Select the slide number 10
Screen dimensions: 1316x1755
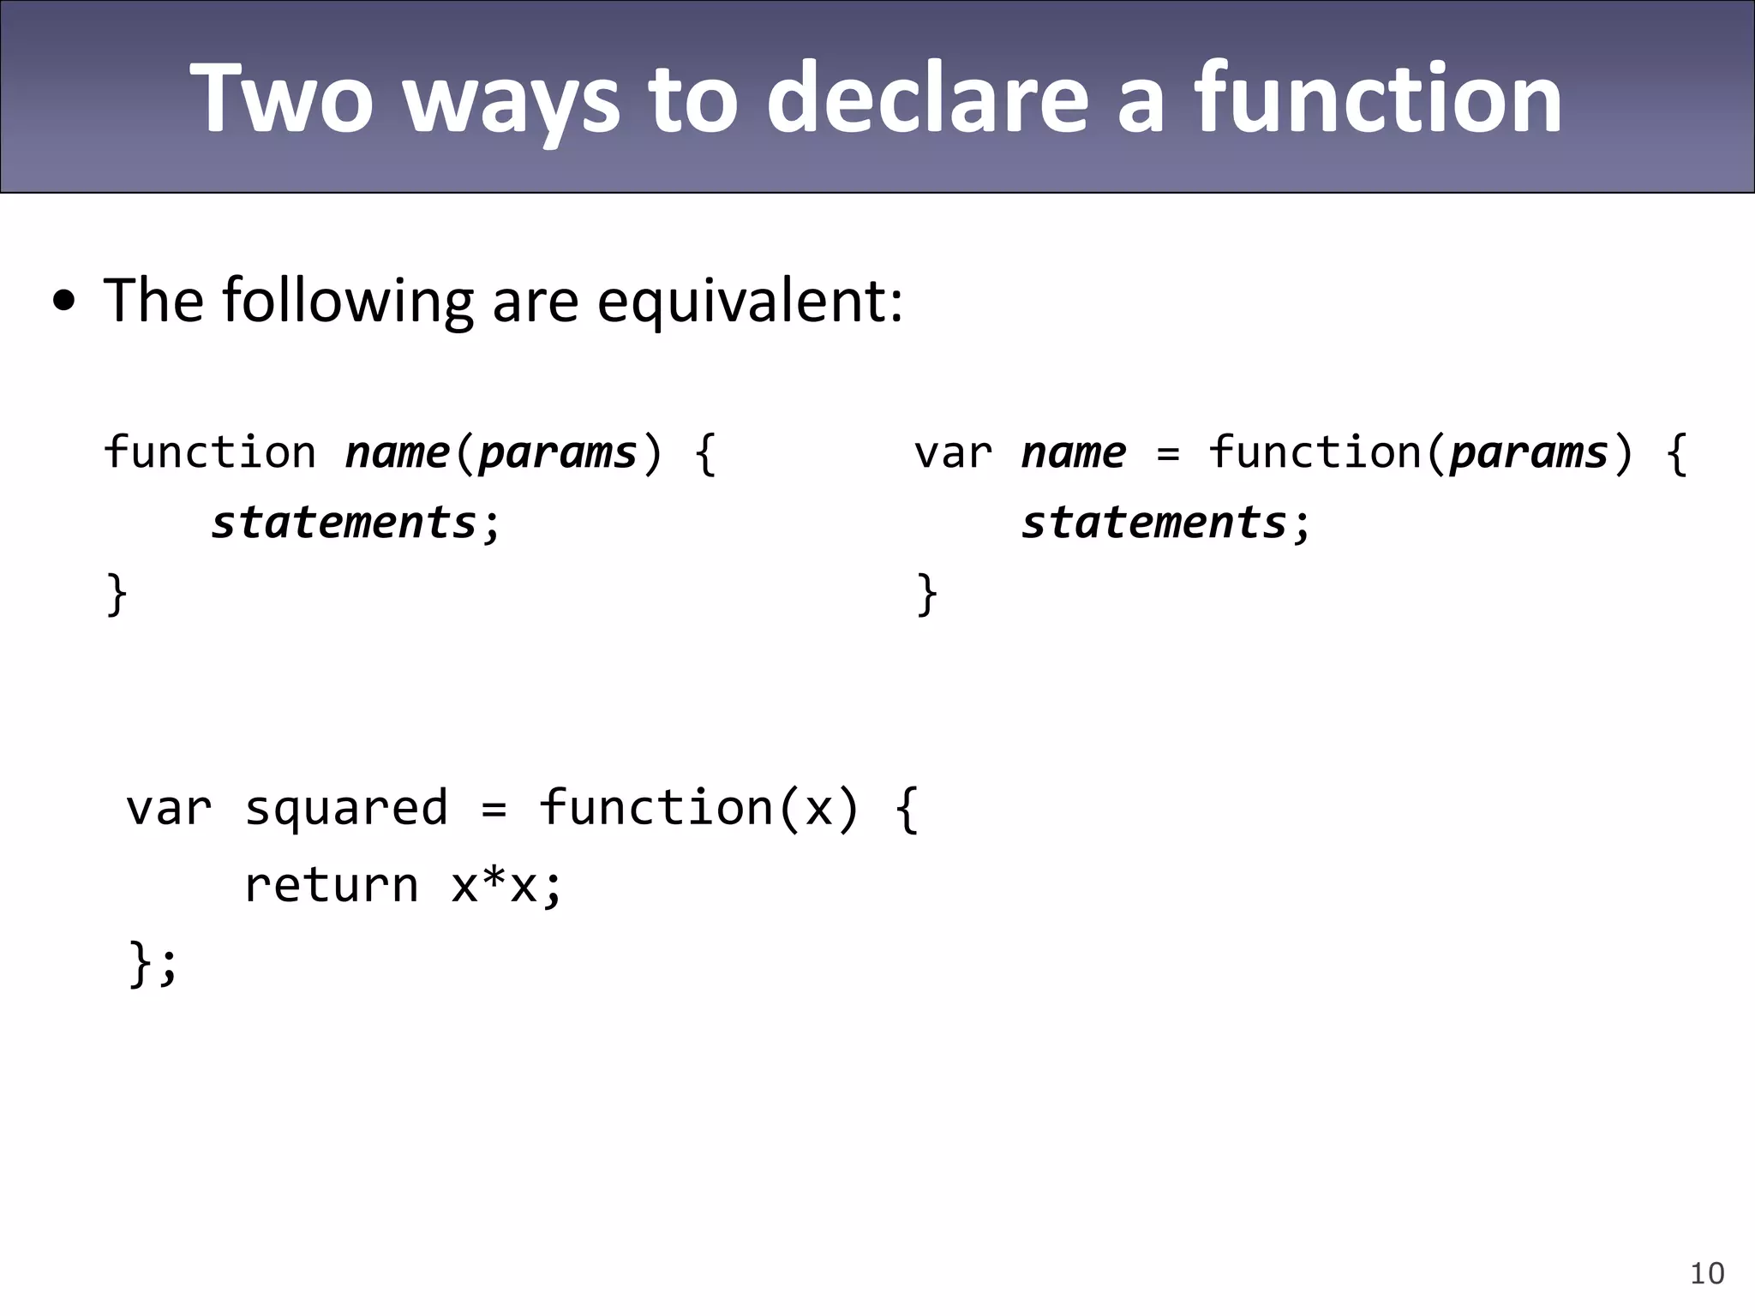click(x=1707, y=1273)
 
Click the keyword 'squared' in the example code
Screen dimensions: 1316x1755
click(x=346, y=808)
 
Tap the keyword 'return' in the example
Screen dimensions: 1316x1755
click(x=332, y=884)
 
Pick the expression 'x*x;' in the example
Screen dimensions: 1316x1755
click(x=506, y=884)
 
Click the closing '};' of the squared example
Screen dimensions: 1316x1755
click(x=153, y=962)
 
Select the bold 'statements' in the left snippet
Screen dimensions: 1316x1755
click(x=344, y=523)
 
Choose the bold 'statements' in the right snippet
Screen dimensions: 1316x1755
click(x=1154, y=523)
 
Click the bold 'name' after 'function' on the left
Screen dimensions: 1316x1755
click(x=398, y=452)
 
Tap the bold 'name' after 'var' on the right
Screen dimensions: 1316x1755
click(x=1074, y=452)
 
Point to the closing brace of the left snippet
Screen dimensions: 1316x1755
click(x=117, y=594)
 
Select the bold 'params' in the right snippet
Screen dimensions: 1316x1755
click(x=1529, y=452)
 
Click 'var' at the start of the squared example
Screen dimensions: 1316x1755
click(x=169, y=808)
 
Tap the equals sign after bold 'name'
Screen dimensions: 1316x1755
click(x=1168, y=454)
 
